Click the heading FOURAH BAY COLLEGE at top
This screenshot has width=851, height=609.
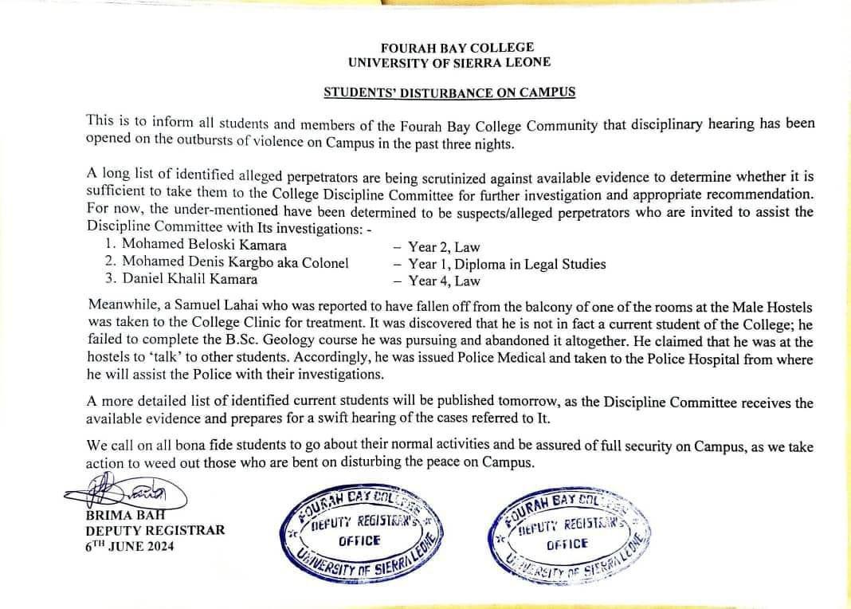[x=449, y=48]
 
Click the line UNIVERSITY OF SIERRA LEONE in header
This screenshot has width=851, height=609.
[x=449, y=62]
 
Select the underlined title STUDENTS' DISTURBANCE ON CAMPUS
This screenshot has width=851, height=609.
[x=449, y=92]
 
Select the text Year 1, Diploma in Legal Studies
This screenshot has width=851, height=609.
[x=507, y=264]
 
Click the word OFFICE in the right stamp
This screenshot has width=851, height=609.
[x=567, y=544]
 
